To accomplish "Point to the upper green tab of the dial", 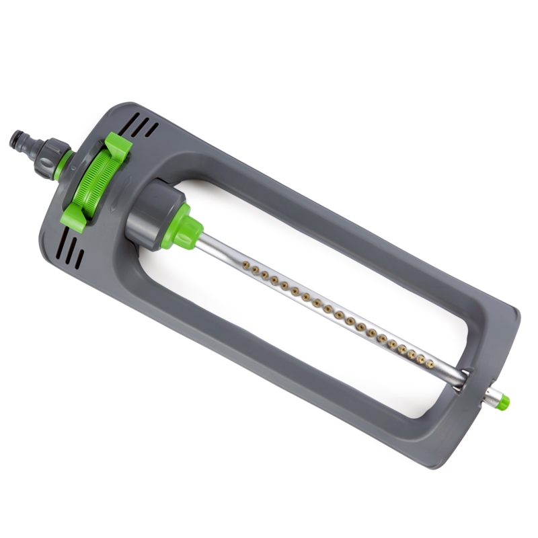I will (117, 145).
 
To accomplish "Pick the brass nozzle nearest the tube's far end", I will (430, 364).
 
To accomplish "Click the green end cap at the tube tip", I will (502, 402).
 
